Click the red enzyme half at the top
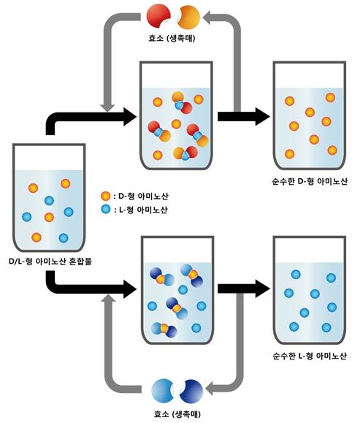(x=158, y=15)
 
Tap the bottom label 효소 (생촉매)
(x=173, y=414)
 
